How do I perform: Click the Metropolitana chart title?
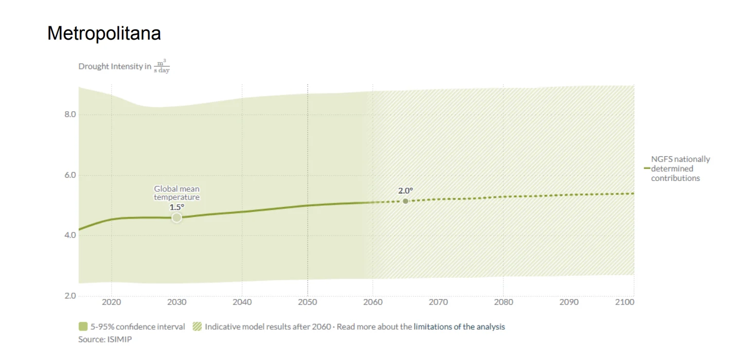pyautogui.click(x=104, y=33)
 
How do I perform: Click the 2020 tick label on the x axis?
pyautogui.click(x=111, y=302)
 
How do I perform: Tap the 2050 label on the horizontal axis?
pyautogui.click(x=308, y=302)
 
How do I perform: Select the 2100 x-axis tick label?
pyautogui.click(x=624, y=302)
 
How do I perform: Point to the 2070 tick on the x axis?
pyautogui.click(x=438, y=302)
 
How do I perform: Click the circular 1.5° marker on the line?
pyautogui.click(x=176, y=218)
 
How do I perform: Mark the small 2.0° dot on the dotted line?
pyautogui.click(x=405, y=201)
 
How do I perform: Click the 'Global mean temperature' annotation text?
pyautogui.click(x=176, y=193)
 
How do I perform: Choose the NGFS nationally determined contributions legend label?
pyautogui.click(x=680, y=169)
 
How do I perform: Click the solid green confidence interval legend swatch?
pyautogui.click(x=83, y=327)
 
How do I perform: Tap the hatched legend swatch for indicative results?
pyautogui.click(x=197, y=327)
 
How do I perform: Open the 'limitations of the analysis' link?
pyautogui.click(x=459, y=327)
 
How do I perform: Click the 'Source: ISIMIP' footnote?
pyautogui.click(x=105, y=339)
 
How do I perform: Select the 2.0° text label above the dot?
pyautogui.click(x=405, y=191)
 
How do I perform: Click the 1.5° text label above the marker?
pyautogui.click(x=176, y=207)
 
